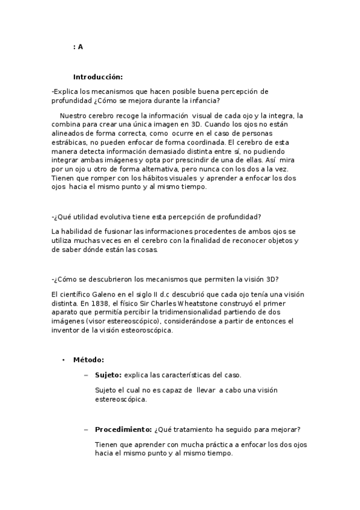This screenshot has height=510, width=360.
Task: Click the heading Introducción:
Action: tap(97, 76)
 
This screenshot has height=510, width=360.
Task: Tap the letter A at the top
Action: tap(81, 47)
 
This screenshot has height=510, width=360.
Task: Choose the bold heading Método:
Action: tap(88, 360)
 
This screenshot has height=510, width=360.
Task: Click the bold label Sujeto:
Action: tap(108, 375)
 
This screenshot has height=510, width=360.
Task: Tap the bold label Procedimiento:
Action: tap(123, 429)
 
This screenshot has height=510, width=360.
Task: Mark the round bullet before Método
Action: tap(63, 360)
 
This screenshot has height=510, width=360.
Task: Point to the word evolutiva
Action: tap(127, 217)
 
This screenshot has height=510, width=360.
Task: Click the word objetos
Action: tap(273, 241)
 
